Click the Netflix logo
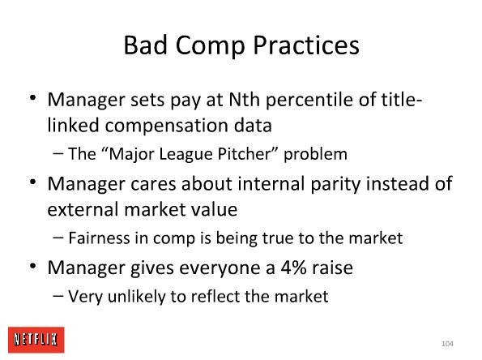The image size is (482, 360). tap(36, 340)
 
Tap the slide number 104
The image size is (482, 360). tap(447, 344)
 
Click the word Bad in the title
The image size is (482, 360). tap(145, 45)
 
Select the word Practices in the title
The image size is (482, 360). tap(306, 45)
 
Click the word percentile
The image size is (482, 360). tap(309, 101)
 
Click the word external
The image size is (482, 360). tap(83, 209)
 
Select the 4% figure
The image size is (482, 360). tap(293, 268)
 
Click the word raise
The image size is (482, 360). tap(333, 268)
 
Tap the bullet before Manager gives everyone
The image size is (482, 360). tap(33, 265)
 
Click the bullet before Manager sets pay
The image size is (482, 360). tap(33, 98)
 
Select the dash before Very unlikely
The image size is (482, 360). tap(58, 296)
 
